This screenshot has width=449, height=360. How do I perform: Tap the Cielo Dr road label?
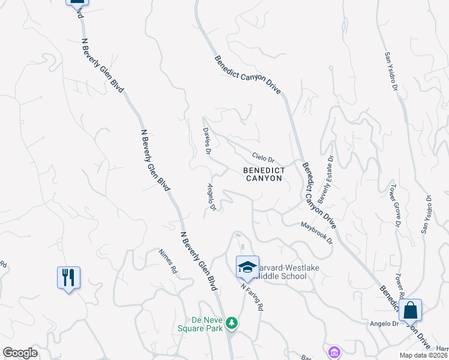tap(263, 157)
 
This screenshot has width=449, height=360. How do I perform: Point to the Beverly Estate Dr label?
tap(325, 177)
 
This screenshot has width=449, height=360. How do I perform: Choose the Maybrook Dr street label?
tap(316, 232)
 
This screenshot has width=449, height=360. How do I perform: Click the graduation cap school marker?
tap(247, 266)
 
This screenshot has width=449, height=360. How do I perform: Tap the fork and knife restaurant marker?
tap(68, 278)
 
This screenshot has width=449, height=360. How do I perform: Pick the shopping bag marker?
tap(410, 310)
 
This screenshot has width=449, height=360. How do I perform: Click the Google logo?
tap(20, 353)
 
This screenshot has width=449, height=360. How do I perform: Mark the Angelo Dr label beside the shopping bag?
tap(387, 323)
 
